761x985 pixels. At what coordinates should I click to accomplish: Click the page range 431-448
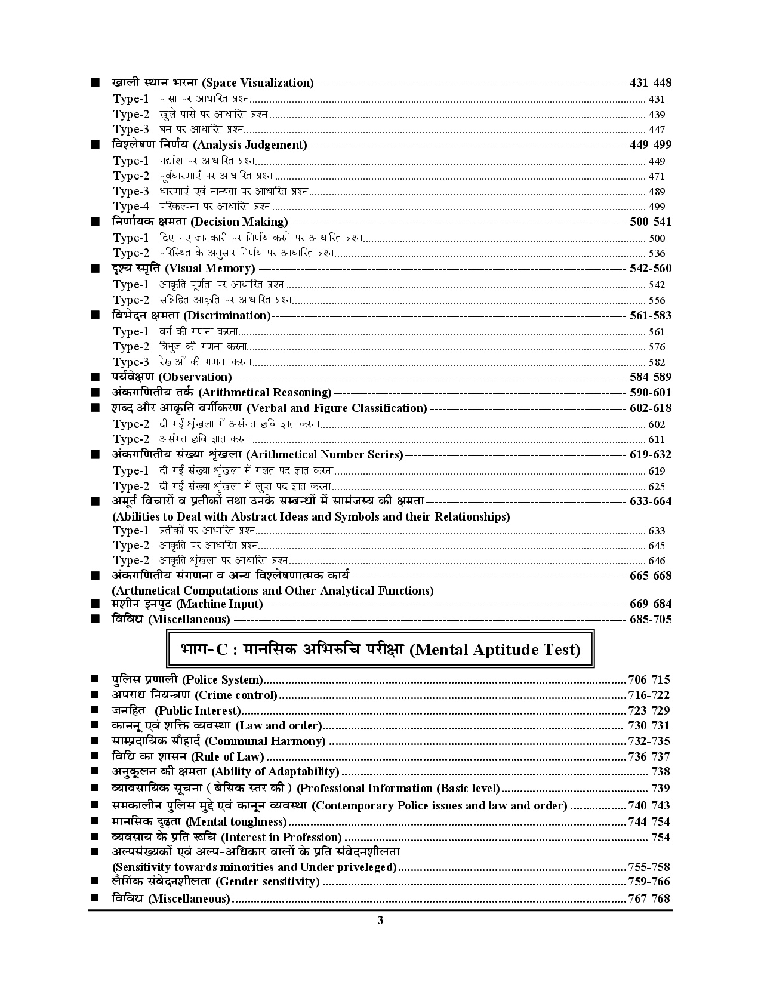tap(650, 83)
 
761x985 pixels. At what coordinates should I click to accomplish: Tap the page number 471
tap(657, 176)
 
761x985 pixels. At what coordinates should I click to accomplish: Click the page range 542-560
tap(650, 269)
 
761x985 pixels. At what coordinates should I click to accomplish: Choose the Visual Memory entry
tap(209, 269)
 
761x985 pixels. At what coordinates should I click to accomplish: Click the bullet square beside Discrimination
tap(94, 315)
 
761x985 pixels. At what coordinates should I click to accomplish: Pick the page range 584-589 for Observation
tap(650, 377)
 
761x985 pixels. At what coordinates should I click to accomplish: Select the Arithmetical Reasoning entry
tap(264, 393)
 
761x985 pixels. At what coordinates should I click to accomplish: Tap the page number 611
tap(657, 439)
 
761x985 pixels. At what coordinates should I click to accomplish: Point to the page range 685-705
tap(650, 619)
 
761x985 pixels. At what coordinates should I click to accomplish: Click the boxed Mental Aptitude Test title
tap(380, 650)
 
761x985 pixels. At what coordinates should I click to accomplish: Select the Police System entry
tap(223, 680)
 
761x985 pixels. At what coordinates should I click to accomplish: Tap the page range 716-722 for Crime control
tap(649, 695)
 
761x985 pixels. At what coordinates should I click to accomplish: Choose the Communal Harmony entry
tap(265, 741)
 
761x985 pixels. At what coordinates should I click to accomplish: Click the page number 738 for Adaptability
tap(661, 772)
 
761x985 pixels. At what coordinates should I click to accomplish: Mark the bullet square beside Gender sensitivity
tap(94, 881)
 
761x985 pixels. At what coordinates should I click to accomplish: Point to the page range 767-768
tap(649, 898)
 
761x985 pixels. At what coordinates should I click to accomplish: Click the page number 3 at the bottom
tap(380, 920)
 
